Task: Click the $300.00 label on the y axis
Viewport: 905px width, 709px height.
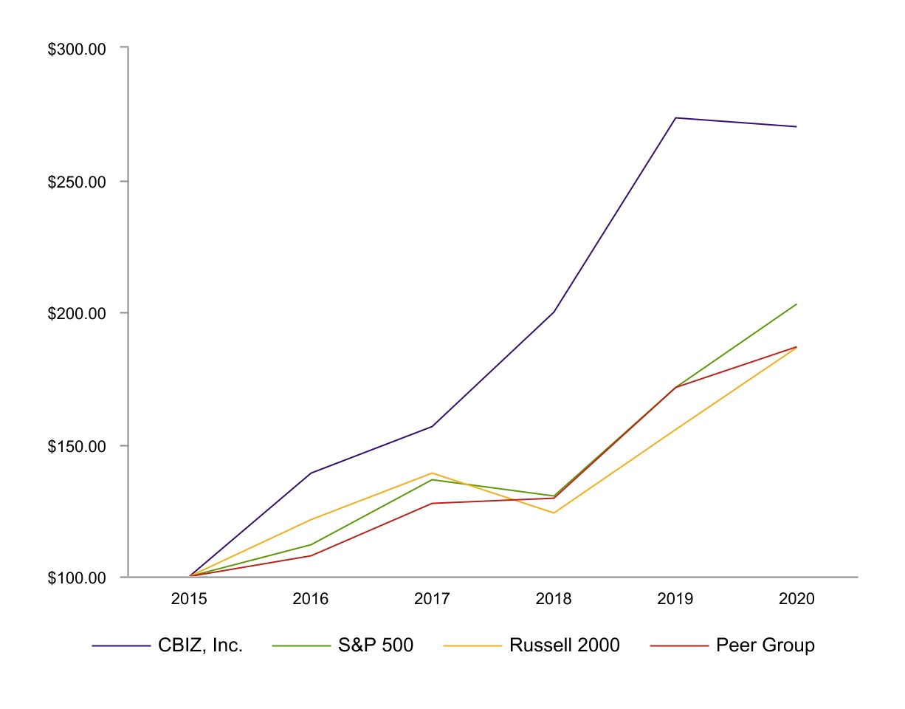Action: click(78, 49)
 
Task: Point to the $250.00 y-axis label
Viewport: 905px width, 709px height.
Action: click(78, 182)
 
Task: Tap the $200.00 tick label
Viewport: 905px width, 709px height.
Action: click(78, 313)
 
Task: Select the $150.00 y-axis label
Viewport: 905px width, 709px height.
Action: click(78, 446)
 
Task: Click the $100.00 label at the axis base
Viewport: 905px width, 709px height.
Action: click(78, 578)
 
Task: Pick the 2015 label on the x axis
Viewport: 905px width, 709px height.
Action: click(189, 599)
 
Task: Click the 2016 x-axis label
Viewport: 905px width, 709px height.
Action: click(311, 599)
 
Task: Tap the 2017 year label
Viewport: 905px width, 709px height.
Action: click(432, 599)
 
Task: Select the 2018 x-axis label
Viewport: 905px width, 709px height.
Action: click(554, 599)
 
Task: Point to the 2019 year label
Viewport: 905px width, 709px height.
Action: click(675, 599)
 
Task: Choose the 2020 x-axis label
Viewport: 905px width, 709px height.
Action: click(796, 599)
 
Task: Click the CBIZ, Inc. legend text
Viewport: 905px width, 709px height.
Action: click(200, 645)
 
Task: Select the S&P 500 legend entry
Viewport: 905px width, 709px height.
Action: click(376, 645)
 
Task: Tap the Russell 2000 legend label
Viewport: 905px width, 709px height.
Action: click(565, 645)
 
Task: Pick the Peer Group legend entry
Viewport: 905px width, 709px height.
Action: click(765, 645)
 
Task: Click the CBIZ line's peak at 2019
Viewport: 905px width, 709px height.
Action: click(675, 117)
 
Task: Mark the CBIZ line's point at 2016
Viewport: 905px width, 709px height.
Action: click(311, 473)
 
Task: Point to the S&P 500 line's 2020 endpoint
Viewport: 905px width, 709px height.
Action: click(796, 304)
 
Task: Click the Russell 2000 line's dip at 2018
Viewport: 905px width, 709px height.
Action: click(554, 513)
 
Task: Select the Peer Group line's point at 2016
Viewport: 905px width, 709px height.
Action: click(311, 555)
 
